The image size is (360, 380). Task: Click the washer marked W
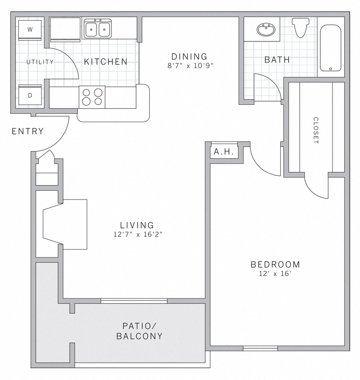tap(30, 30)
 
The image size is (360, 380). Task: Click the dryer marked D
tap(30, 96)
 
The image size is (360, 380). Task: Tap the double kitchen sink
tap(97, 29)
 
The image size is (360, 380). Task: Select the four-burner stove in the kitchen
tap(92, 97)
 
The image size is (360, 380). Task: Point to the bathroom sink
tap(265, 30)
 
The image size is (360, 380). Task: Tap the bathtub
tap(331, 48)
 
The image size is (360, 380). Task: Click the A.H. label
tap(224, 152)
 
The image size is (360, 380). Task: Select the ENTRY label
tap(28, 131)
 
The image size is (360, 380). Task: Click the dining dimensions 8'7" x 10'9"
tap(190, 66)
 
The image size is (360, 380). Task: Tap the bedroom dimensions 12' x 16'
tap(275, 274)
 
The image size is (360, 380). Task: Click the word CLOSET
tap(316, 130)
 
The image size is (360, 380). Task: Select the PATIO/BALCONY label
tap(139, 331)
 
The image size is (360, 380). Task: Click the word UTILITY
tap(40, 62)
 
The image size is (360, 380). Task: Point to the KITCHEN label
tap(105, 62)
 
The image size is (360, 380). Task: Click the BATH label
tap(277, 60)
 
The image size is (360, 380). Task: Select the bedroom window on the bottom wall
tap(260, 348)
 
